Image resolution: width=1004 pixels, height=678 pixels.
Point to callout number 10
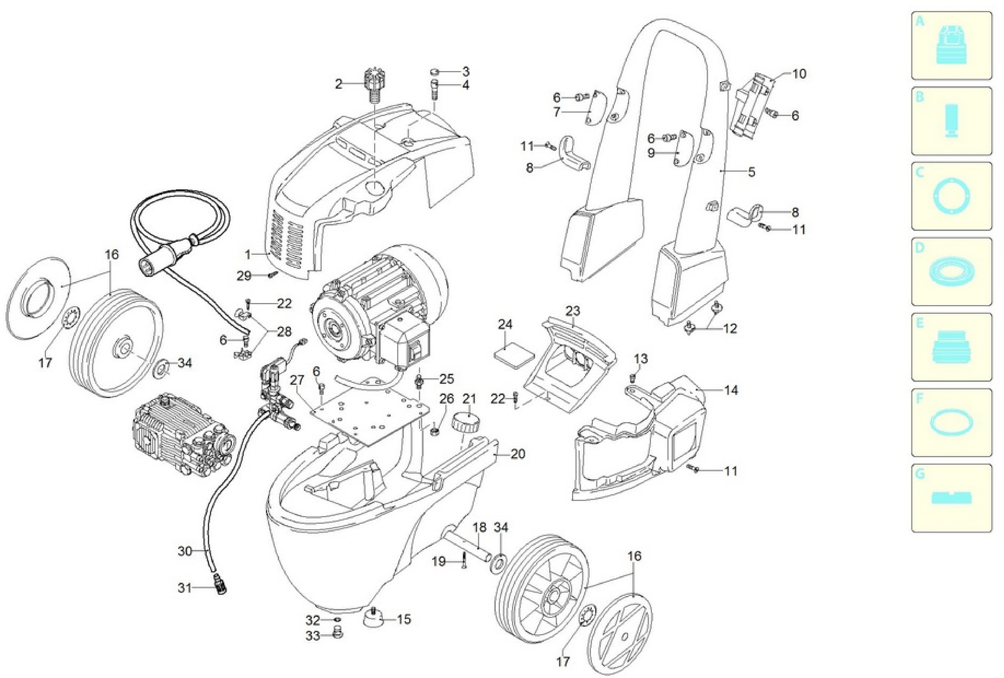point(799,74)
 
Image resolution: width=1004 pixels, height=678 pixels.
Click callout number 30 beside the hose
point(185,551)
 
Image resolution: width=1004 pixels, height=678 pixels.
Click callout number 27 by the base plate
point(297,380)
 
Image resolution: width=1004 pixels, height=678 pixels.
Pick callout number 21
point(469,399)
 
